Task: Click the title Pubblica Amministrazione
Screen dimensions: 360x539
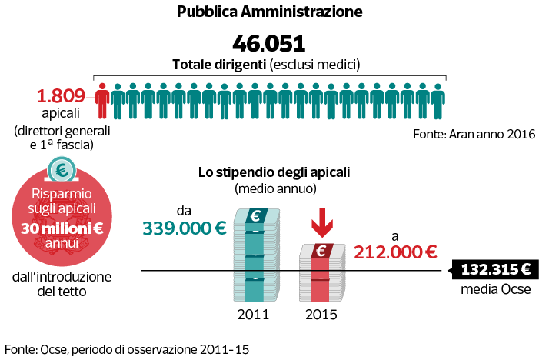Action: pos(269,12)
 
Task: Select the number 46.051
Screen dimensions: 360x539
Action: pos(269,42)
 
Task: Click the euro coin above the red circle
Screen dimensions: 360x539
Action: pos(62,169)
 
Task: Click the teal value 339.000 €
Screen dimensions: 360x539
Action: pos(185,228)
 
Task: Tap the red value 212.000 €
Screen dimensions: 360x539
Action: pos(395,251)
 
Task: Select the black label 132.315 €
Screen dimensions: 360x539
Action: pos(493,270)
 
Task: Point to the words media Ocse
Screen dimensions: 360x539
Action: pos(492,290)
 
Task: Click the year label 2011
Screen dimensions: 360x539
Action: pos(253,315)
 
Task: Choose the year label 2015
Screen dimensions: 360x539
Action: pos(321,315)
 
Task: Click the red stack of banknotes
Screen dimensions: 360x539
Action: pos(321,273)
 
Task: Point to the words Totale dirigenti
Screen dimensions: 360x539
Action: pos(219,63)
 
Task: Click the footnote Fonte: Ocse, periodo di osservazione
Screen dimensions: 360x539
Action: pos(127,348)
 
